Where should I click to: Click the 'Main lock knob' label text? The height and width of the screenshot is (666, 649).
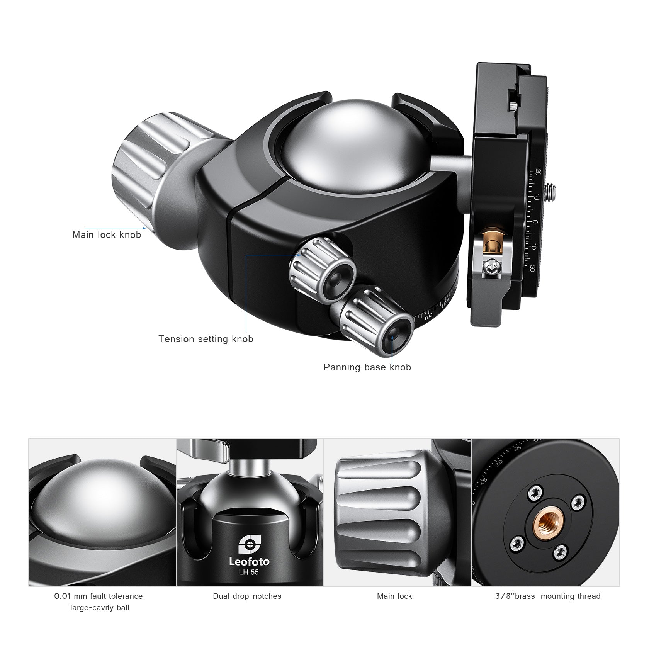[107, 235]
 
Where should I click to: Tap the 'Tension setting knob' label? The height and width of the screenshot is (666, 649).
[206, 339]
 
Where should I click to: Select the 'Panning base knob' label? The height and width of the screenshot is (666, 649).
[367, 367]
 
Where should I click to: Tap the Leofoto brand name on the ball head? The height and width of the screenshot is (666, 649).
[249, 561]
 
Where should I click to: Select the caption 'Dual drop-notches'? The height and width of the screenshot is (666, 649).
[247, 596]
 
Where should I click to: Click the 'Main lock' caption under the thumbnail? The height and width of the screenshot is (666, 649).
[394, 596]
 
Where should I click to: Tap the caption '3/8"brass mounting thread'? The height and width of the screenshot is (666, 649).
[548, 596]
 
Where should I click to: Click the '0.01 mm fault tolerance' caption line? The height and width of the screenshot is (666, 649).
[99, 596]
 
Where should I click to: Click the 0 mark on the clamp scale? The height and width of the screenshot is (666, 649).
[535, 222]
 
